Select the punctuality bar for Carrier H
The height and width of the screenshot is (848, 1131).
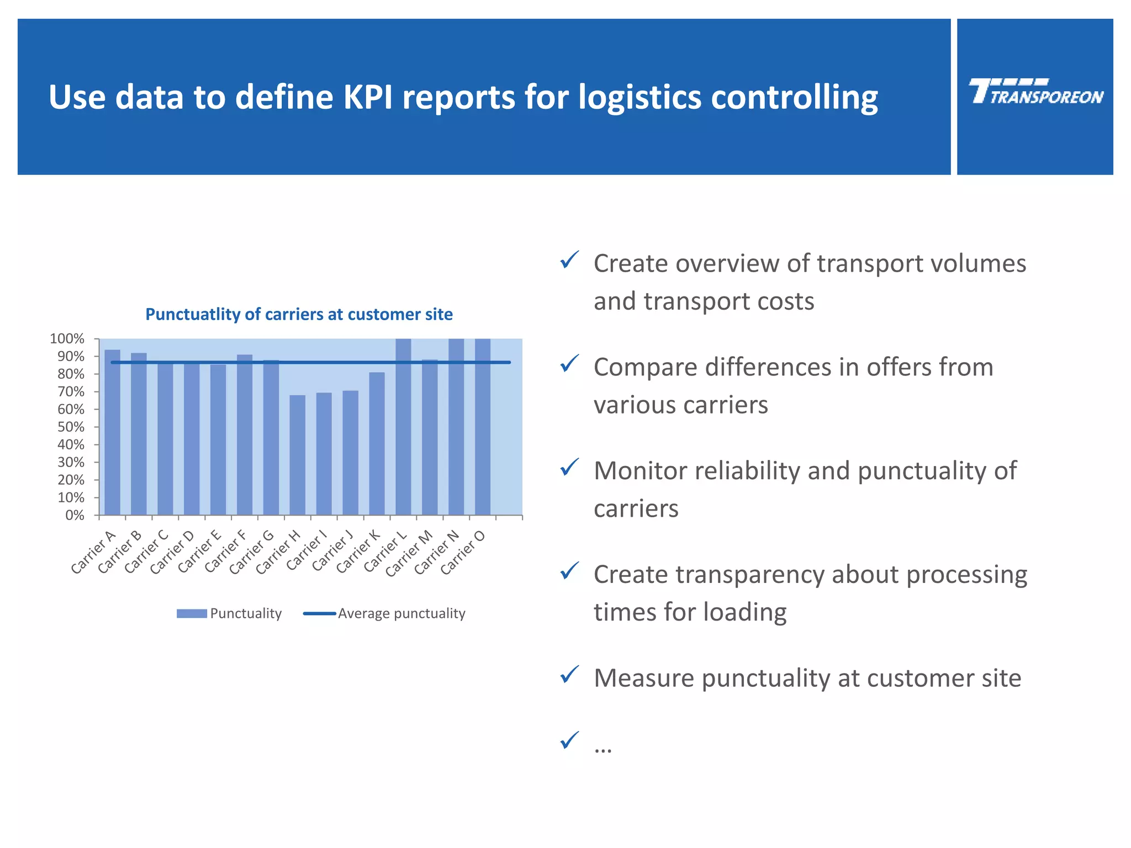pyautogui.click(x=297, y=455)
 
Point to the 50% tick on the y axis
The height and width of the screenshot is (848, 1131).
pyautogui.click(x=71, y=427)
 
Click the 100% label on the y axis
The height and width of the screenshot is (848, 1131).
pyautogui.click(x=67, y=338)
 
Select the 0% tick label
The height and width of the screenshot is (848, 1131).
pyautogui.click(x=75, y=515)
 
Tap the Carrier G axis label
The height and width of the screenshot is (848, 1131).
pyautogui.click(x=252, y=553)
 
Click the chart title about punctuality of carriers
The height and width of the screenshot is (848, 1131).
pyautogui.click(x=299, y=314)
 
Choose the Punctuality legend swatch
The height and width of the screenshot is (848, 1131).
pyautogui.click(x=192, y=613)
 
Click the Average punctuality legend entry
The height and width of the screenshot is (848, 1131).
pyautogui.click(x=401, y=613)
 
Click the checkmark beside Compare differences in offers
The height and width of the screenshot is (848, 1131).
pyautogui.click(x=569, y=364)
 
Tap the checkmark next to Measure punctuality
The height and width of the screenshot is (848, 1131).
pyautogui.click(x=569, y=675)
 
